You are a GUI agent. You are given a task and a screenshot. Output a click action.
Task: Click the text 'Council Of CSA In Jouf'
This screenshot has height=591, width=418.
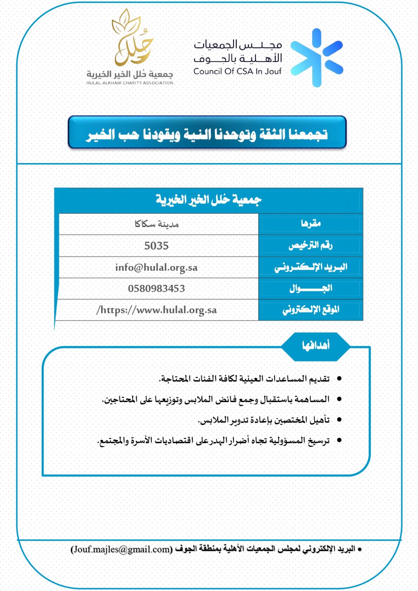pyautogui.click(x=237, y=71)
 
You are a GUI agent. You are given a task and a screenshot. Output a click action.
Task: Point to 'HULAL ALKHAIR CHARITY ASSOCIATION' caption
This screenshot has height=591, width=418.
pyautogui.click(x=130, y=83)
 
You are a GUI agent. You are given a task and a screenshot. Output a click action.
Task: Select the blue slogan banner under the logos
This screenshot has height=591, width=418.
pyautogui.click(x=207, y=133)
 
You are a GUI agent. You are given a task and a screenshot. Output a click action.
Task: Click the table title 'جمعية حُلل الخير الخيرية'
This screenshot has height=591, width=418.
pyautogui.click(x=208, y=200)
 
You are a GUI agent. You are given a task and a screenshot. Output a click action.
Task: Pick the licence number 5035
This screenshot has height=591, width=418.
pyautogui.click(x=156, y=246)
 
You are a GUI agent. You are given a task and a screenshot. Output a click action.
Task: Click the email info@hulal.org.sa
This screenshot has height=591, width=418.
pyautogui.click(x=156, y=267)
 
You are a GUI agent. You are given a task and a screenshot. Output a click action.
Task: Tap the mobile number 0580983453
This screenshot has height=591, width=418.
pyautogui.click(x=156, y=288)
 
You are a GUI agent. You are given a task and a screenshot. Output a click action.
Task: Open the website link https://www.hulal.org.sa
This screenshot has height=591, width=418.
pyautogui.click(x=156, y=310)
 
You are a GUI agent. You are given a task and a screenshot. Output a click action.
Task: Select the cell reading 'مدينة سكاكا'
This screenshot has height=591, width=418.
pyautogui.click(x=156, y=224)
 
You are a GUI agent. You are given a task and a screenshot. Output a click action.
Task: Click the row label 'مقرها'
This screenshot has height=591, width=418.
pyautogui.click(x=311, y=224)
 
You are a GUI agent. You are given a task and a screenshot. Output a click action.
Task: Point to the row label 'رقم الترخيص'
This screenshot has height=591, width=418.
pyautogui.click(x=311, y=246)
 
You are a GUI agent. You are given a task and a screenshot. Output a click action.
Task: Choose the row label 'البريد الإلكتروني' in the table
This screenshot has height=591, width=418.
pyautogui.click(x=311, y=267)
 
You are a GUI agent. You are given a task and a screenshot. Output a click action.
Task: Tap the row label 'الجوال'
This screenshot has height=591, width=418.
pyautogui.click(x=311, y=288)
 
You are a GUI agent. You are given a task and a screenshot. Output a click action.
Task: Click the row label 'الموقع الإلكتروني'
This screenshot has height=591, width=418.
pyautogui.click(x=311, y=310)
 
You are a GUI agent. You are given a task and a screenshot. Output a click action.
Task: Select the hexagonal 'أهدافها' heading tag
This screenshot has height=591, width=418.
pyautogui.click(x=316, y=345)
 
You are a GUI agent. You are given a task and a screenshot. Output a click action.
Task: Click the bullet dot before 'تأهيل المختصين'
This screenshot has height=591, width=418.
pyautogui.click(x=339, y=420)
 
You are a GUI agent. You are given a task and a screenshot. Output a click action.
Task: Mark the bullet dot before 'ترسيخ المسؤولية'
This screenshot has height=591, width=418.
pyautogui.click(x=339, y=440)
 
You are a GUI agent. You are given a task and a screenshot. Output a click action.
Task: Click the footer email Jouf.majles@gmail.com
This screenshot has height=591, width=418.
pyautogui.click(x=122, y=549)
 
